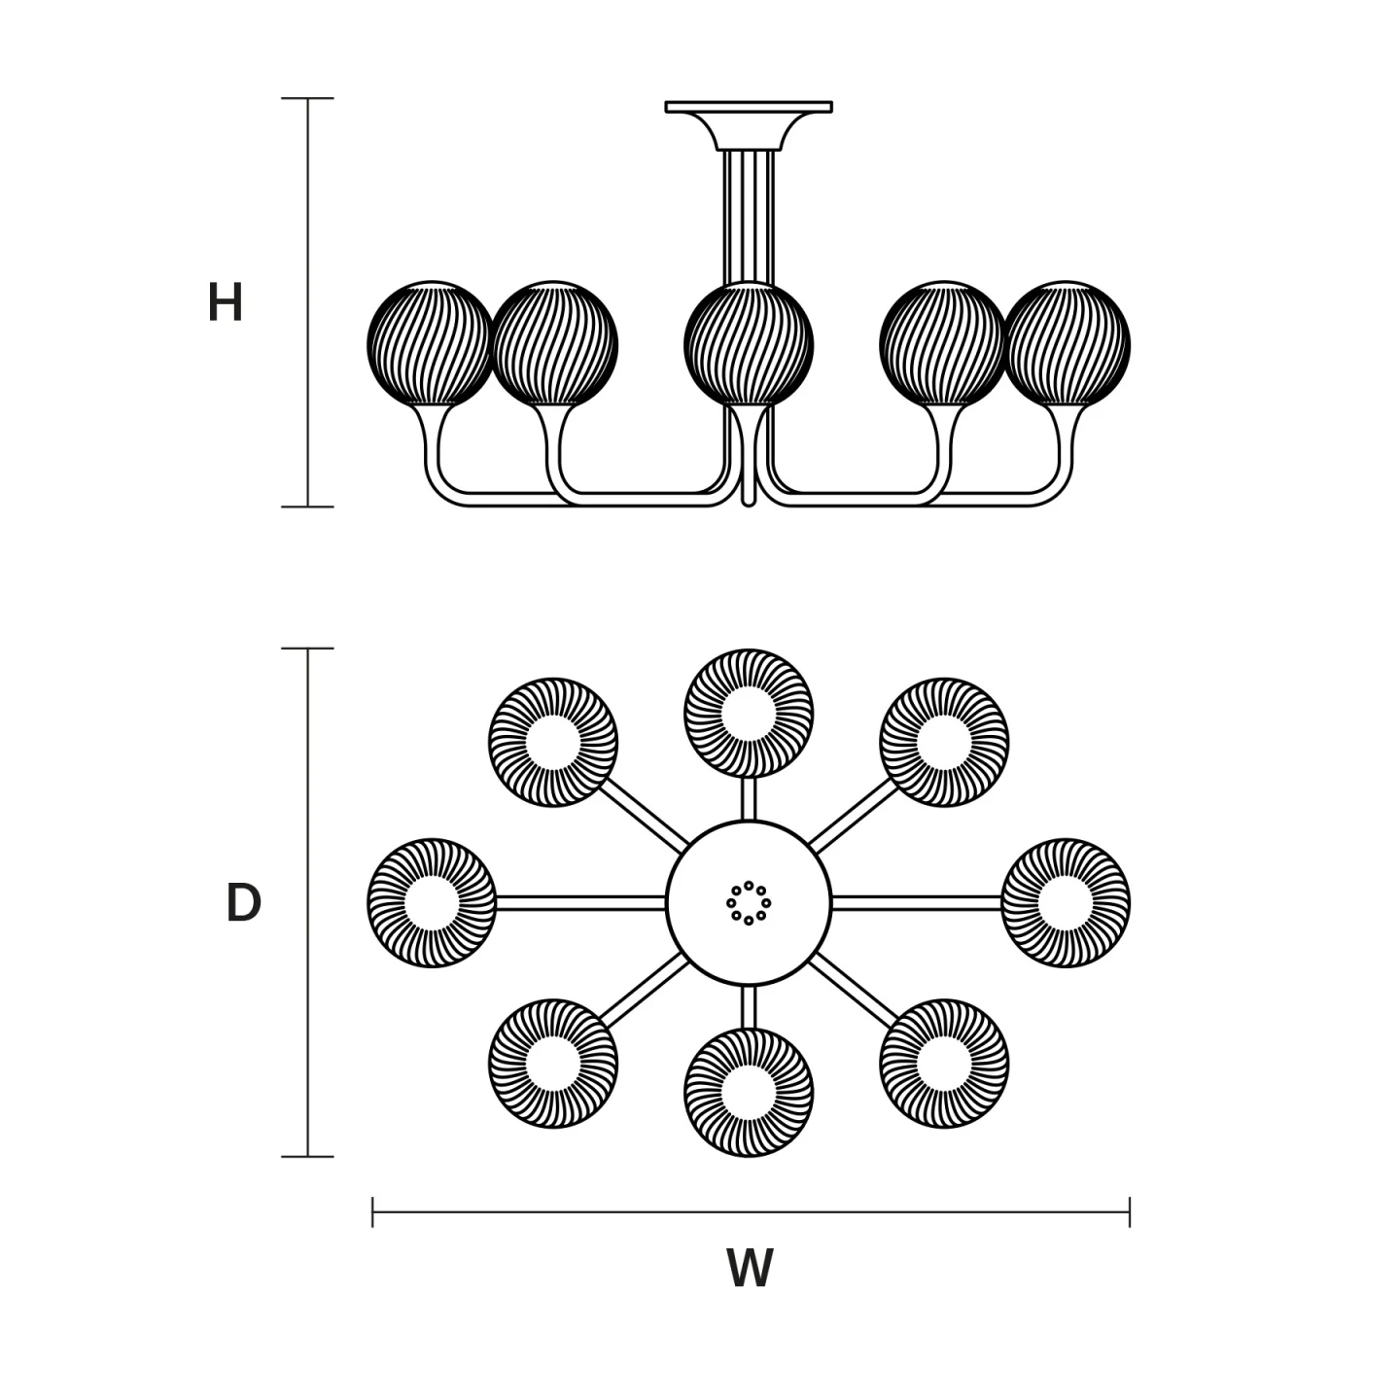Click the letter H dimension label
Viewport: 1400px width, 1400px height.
226,302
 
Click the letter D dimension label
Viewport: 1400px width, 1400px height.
243,903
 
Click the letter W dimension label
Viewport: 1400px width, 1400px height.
750,1268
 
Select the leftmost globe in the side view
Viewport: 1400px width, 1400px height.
432,343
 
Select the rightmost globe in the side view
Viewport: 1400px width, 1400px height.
1066,343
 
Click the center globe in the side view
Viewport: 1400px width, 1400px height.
749,343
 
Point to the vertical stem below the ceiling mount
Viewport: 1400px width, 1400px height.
749,217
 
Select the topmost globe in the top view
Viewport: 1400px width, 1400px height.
749,714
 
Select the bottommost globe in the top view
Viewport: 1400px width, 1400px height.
749,1093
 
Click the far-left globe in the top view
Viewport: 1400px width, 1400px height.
432,903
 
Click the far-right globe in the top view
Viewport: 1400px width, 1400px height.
1066,903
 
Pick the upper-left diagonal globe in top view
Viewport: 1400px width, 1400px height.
553,743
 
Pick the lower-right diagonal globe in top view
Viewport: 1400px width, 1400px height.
944,1064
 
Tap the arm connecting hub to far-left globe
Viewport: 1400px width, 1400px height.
581,903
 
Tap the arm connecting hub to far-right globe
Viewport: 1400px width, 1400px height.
917,903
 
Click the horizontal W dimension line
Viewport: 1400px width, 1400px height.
752,1211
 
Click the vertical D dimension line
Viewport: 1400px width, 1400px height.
307,902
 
